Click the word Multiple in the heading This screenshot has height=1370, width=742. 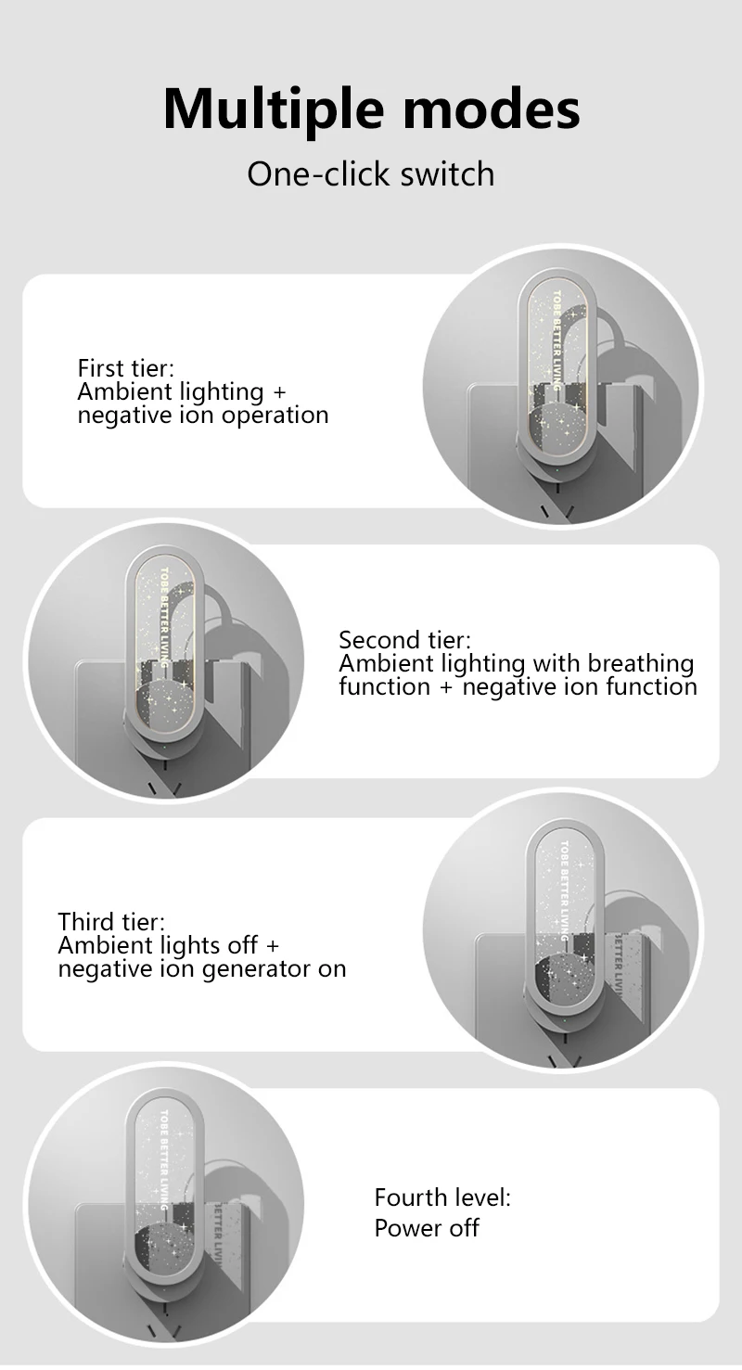coord(274,110)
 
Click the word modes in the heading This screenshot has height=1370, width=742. coord(492,110)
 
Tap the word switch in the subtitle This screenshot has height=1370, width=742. coord(447,173)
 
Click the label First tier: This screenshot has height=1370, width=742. coord(125,368)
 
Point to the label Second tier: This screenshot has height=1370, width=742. coord(405,640)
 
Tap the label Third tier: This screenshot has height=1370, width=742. coord(111,922)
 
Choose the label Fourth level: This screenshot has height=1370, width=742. coord(442,1197)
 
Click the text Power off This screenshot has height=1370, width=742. coord(427,1227)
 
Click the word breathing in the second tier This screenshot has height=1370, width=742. coord(640,664)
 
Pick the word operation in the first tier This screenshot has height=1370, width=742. coord(275,416)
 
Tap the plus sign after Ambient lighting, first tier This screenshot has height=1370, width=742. coord(279,392)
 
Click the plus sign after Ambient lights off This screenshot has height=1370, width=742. coord(272,945)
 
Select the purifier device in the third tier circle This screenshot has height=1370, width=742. coord(564,929)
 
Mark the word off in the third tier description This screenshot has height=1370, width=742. coord(243,945)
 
